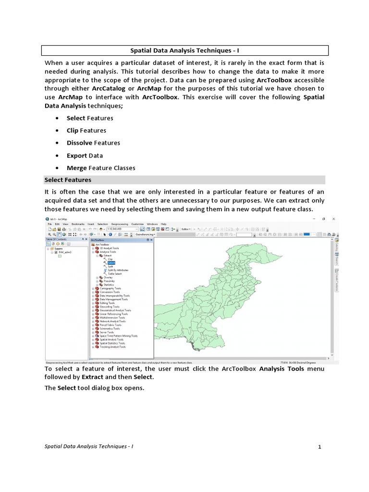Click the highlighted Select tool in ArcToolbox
[x=111, y=263]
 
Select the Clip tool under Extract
[x=110, y=259]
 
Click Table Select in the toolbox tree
[x=114, y=273]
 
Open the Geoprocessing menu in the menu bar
[x=120, y=224]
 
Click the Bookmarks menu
[x=78, y=224]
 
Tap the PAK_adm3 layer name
[x=65, y=252]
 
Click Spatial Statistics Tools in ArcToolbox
[x=112, y=343]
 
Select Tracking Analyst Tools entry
[x=112, y=347]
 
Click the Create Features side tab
[x=337, y=278]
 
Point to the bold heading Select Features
[x=68, y=180]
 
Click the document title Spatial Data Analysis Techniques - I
[x=184, y=49]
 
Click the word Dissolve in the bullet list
[x=80, y=143]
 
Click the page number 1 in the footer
[x=319, y=447]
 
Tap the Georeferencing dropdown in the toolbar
[x=143, y=234]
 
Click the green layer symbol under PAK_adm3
[x=60, y=256]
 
